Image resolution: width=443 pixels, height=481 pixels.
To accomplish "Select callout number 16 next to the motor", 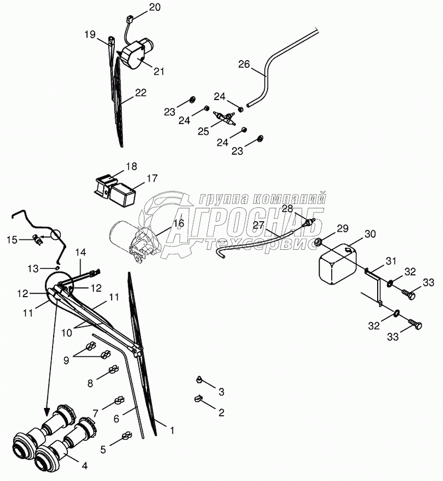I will pyautogui.click(x=178, y=223).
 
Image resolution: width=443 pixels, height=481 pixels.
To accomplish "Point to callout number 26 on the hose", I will pyautogui.click(x=244, y=64).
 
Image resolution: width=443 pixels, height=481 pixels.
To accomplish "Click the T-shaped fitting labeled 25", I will pyautogui.click(x=224, y=118).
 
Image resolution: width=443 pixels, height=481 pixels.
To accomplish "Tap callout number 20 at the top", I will pyautogui.click(x=155, y=7).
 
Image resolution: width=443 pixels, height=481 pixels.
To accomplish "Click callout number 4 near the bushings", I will pyautogui.click(x=85, y=465).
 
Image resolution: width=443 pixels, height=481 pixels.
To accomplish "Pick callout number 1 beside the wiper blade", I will pyautogui.click(x=171, y=431).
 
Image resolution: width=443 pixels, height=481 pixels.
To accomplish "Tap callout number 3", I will pyautogui.click(x=221, y=392).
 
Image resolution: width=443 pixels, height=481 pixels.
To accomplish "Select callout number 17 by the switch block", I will pyautogui.click(x=152, y=178).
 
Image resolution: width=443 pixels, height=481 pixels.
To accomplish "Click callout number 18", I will pyautogui.click(x=132, y=167).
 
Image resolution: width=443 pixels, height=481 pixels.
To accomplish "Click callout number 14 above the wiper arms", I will pyautogui.click(x=81, y=252).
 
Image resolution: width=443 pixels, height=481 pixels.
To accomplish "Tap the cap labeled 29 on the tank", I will pyautogui.click(x=317, y=241).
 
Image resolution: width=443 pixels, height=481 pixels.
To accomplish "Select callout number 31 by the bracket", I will pyautogui.click(x=390, y=261).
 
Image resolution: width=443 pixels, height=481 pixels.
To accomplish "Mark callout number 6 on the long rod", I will pyautogui.click(x=116, y=418).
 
